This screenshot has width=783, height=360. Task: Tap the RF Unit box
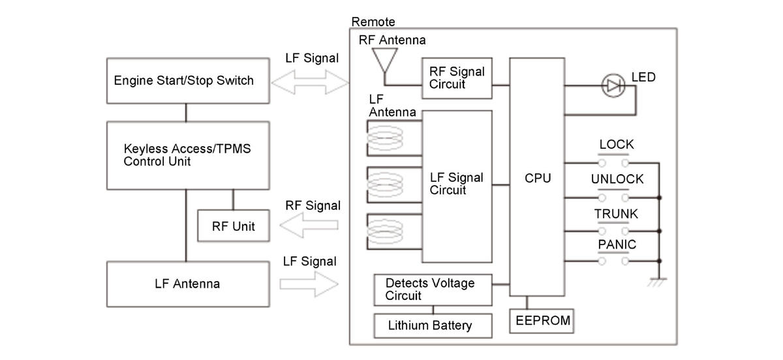[x=233, y=226]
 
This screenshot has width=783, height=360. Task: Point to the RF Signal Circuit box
[x=457, y=78]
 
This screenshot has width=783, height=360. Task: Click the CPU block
[x=538, y=177]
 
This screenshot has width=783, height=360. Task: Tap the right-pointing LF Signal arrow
[x=309, y=284]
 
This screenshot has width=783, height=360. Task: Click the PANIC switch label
[x=617, y=245]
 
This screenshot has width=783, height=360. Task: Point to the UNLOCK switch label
[x=617, y=179]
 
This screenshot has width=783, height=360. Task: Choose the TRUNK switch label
[x=616, y=213]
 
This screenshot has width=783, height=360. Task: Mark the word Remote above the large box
[x=373, y=22]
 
